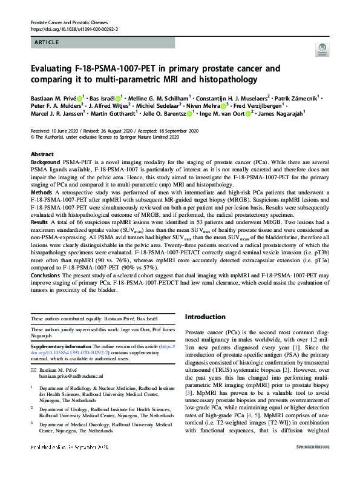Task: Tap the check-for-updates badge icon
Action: [x=321, y=51]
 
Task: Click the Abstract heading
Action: [x=42, y=154]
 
